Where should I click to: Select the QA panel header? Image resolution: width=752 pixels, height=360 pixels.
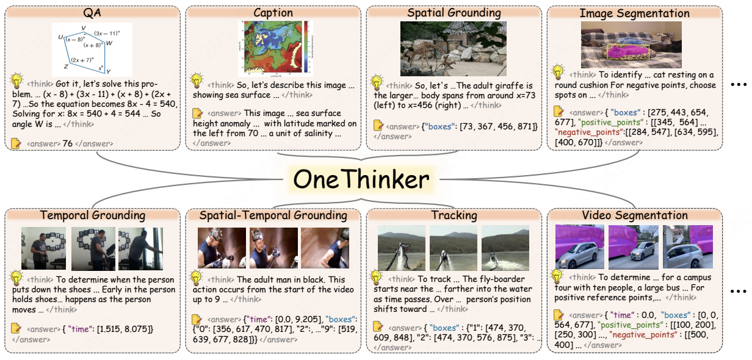click(x=92, y=13)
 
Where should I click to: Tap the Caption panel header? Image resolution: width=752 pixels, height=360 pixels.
click(x=273, y=13)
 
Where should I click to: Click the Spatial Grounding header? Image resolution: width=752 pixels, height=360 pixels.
click(x=454, y=13)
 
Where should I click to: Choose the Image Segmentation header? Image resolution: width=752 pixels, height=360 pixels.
click(x=634, y=13)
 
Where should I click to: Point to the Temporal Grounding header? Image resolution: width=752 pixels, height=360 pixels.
click(x=92, y=215)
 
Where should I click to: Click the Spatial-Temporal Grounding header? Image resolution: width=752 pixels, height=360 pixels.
click(x=273, y=215)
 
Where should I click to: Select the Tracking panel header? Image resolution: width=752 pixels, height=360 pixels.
click(x=454, y=215)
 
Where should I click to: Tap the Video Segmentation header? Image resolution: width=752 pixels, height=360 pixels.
click(x=634, y=215)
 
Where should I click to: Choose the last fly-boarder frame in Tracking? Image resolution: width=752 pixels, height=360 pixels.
click(x=505, y=248)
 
